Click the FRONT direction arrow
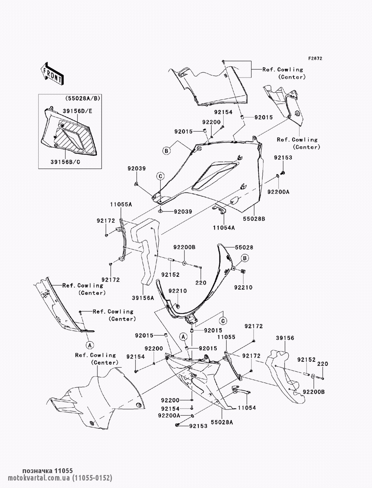click(x=52, y=73)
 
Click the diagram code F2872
click(x=315, y=59)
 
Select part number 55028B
click(x=254, y=219)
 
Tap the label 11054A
click(x=224, y=228)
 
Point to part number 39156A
click(x=143, y=298)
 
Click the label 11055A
click(x=121, y=204)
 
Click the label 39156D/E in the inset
click(x=77, y=111)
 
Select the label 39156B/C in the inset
click(x=65, y=162)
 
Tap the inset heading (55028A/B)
click(x=82, y=98)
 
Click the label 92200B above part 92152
click(x=185, y=247)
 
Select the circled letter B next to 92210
click(x=245, y=258)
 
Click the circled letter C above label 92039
click(x=160, y=176)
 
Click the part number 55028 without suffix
click(x=244, y=247)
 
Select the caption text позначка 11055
click(x=48, y=470)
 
